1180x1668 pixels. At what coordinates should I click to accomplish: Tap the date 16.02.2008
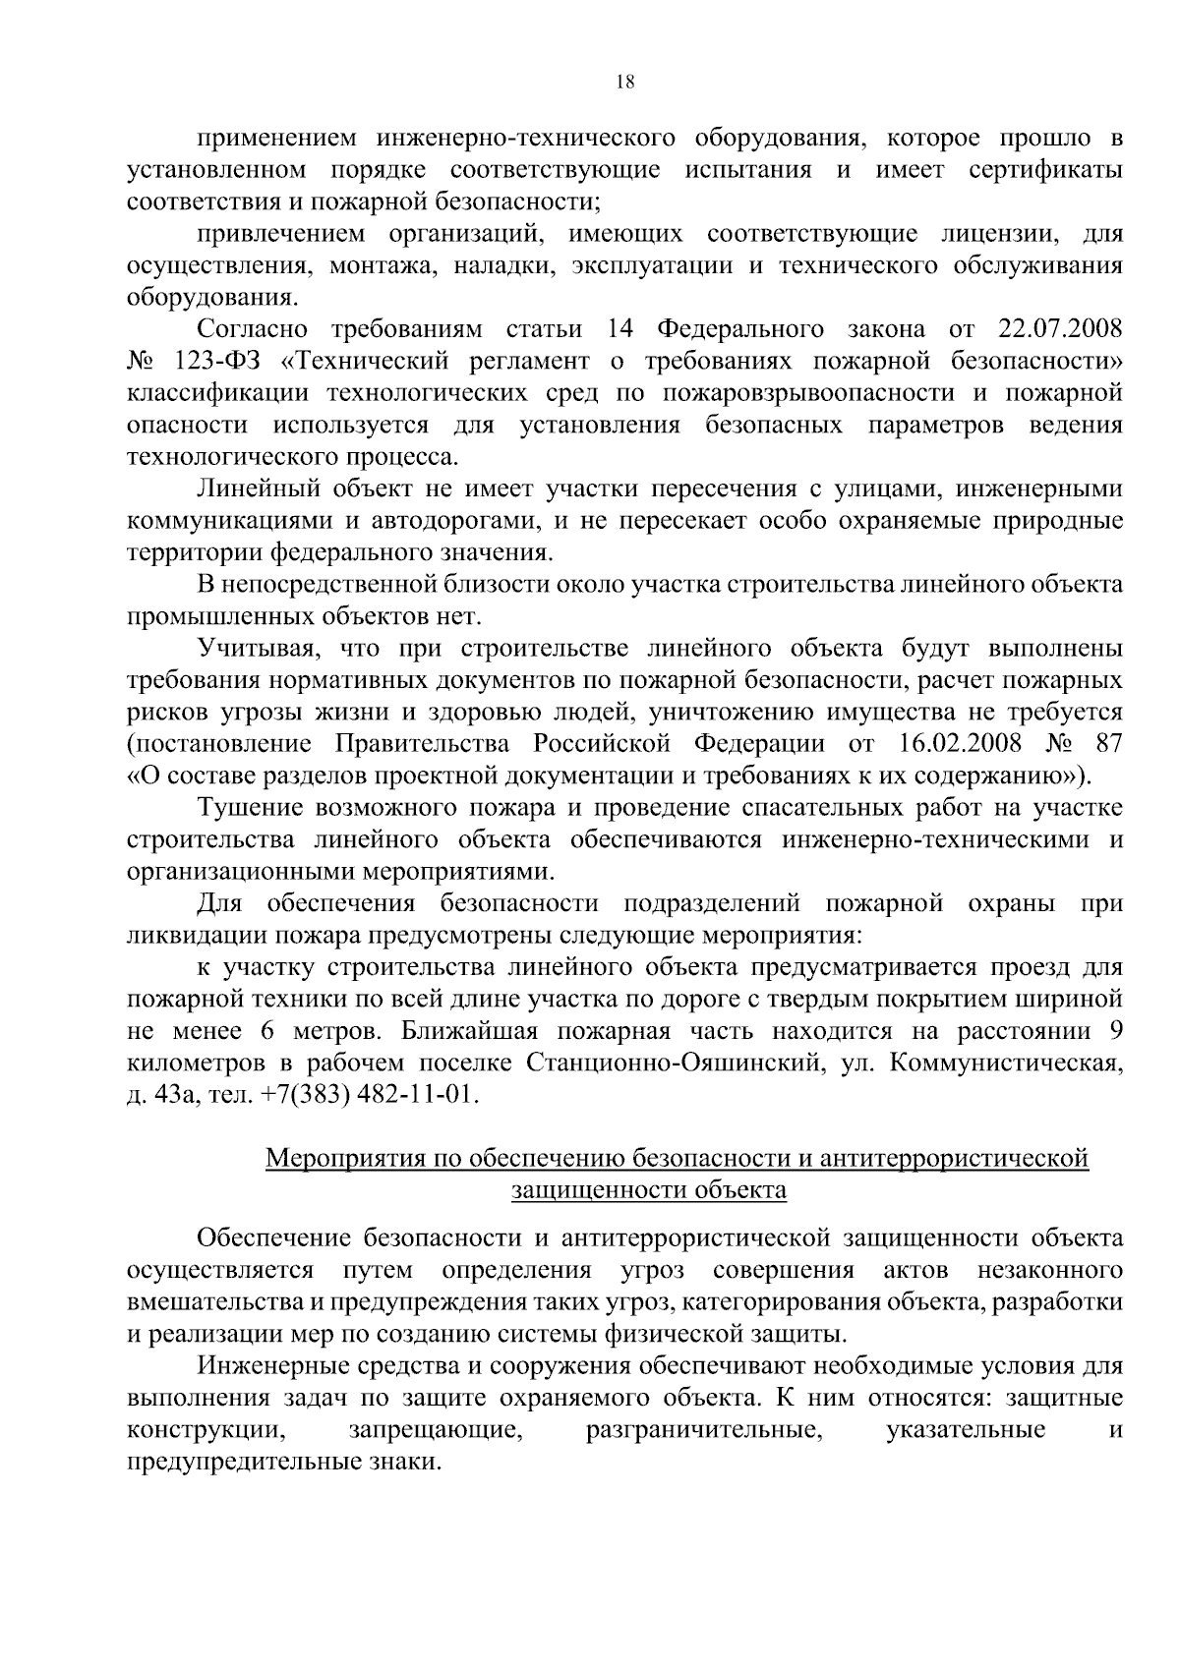point(958,743)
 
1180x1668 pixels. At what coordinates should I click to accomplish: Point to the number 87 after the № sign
point(1106,743)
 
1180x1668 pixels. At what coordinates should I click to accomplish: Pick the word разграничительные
point(704,1429)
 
